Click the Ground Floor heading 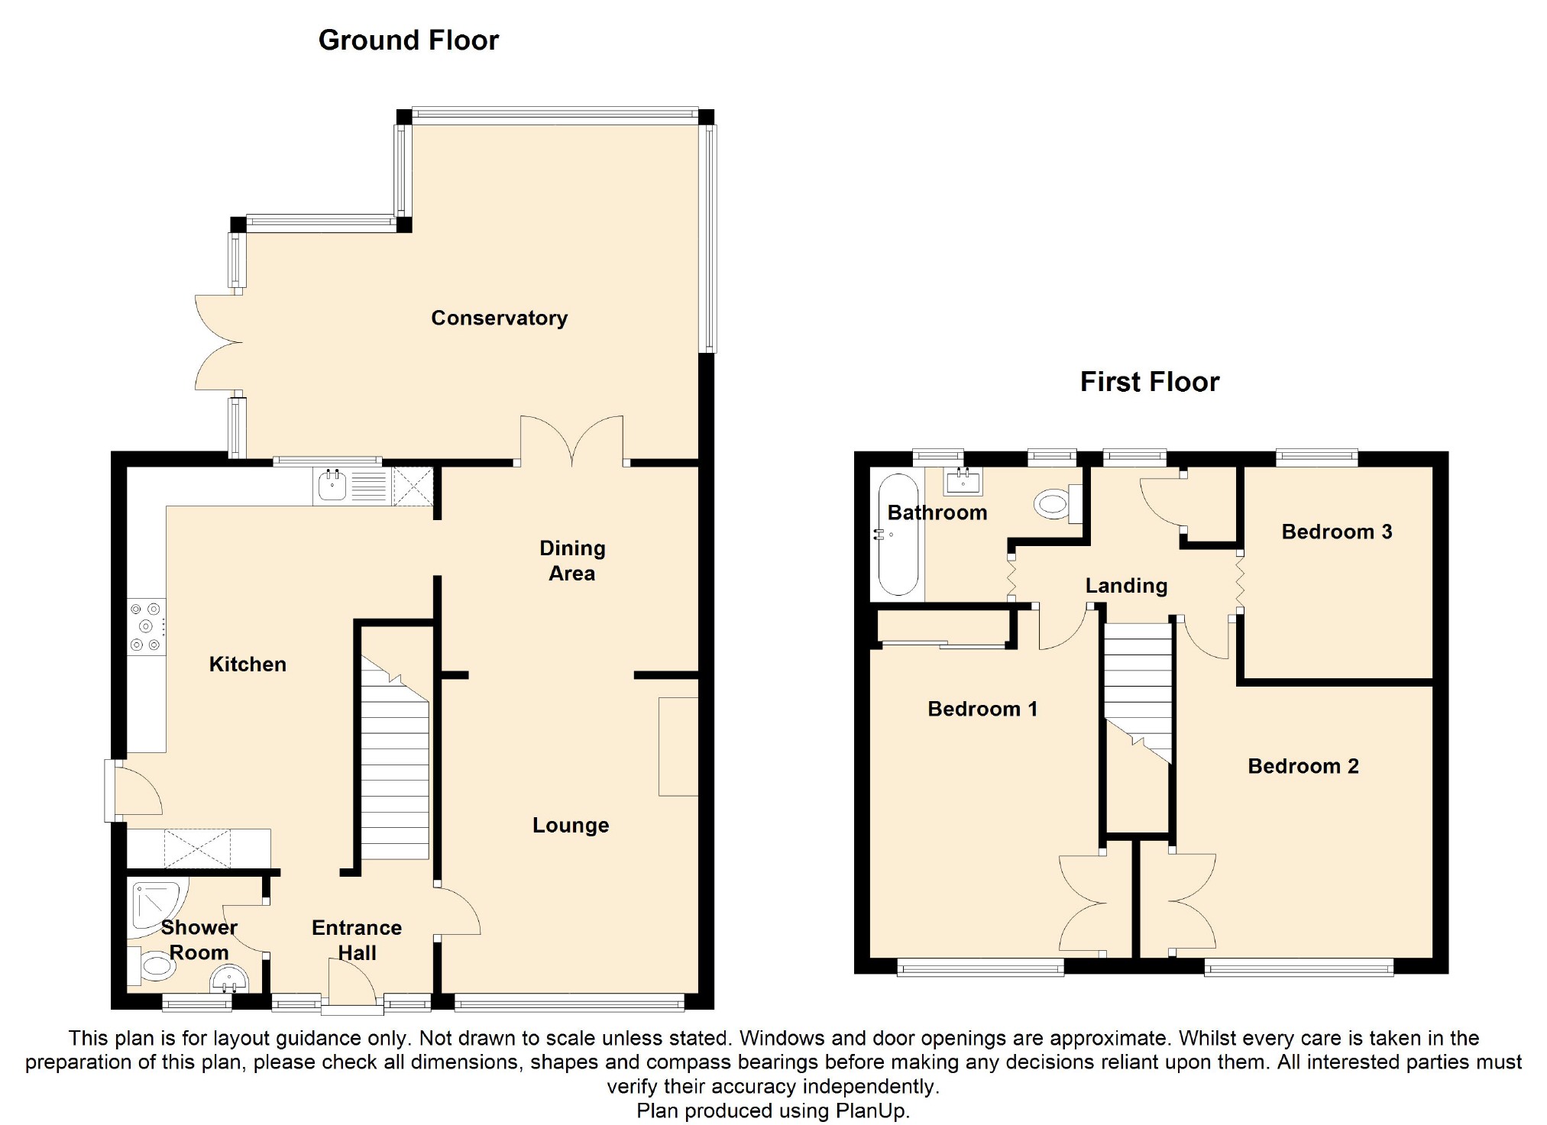click(x=408, y=40)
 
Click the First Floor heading click(x=1149, y=381)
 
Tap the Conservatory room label click(x=499, y=318)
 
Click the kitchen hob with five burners click(x=146, y=627)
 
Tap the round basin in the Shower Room click(x=228, y=979)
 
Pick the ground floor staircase click(x=394, y=764)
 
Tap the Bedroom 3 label click(x=1336, y=532)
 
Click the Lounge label click(x=570, y=825)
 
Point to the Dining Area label click(x=571, y=561)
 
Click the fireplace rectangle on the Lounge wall click(x=678, y=746)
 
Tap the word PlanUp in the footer click(x=871, y=1110)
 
